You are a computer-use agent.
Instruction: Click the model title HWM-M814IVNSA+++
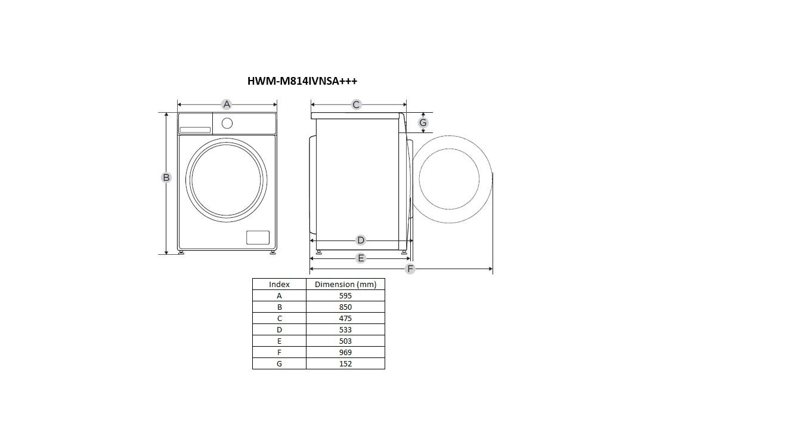point(302,81)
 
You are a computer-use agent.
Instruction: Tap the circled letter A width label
point(227,104)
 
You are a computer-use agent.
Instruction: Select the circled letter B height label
point(166,177)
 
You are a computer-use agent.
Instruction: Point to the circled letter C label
point(356,104)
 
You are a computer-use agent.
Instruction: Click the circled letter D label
point(360,240)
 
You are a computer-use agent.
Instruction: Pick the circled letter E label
point(360,258)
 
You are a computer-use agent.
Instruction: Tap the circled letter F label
point(410,269)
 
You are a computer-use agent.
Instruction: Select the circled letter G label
point(423,123)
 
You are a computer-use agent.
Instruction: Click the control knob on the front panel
point(227,124)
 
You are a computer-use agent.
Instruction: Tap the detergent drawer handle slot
point(195,130)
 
